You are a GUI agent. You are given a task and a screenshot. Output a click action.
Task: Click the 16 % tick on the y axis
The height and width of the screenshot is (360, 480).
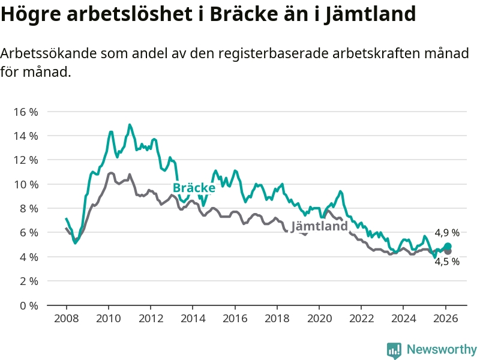point(25,112)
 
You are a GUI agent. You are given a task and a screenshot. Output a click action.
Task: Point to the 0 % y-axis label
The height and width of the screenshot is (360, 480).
point(28,305)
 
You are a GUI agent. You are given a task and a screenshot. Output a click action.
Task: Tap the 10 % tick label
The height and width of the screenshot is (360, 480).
point(25,184)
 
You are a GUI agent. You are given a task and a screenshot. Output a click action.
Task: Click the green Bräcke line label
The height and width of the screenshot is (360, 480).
point(194,188)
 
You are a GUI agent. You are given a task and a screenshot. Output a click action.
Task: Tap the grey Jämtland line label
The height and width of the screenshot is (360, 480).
point(319,226)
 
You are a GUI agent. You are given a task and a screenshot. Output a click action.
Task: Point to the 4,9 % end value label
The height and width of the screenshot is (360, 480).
point(447,233)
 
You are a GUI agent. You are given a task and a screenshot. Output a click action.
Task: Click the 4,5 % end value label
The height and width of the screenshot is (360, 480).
point(447,262)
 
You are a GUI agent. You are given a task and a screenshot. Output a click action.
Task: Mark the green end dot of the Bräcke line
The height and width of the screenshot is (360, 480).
point(448,246)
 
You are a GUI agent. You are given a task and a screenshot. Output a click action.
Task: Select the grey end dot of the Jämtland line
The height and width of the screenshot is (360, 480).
point(448,251)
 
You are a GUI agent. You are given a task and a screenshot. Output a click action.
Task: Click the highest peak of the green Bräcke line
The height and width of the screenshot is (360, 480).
point(129,125)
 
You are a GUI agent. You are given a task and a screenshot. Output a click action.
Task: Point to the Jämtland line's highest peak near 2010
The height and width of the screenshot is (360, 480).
point(111,173)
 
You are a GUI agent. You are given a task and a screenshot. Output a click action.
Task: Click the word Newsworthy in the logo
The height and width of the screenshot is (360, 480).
point(442,349)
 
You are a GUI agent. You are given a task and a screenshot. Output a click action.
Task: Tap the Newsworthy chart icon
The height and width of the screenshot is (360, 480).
point(394,350)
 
